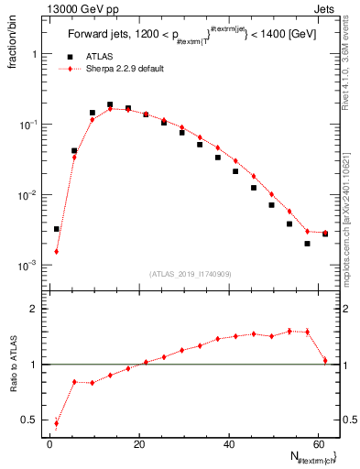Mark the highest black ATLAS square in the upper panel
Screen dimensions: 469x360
click(110, 104)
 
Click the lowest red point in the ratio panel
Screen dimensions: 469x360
click(57, 423)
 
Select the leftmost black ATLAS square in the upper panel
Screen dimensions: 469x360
click(57, 229)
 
